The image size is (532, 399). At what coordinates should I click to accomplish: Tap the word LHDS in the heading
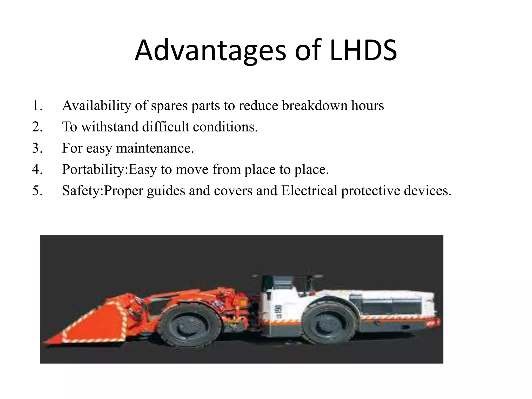(x=363, y=50)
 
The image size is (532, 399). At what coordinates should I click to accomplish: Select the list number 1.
(x=37, y=106)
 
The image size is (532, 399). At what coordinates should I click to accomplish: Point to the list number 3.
(x=37, y=148)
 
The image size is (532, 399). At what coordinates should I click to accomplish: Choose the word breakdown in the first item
(x=314, y=106)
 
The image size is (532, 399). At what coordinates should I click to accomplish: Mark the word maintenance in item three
(x=155, y=148)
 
